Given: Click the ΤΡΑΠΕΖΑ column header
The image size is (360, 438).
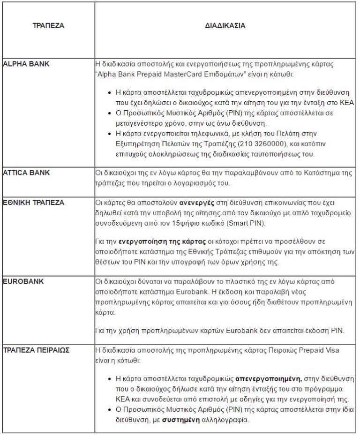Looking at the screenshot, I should (x=48, y=26).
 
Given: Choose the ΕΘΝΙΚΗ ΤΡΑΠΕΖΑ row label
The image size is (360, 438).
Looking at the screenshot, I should (x=33, y=203).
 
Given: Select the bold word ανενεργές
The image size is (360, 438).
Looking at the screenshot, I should (x=197, y=203).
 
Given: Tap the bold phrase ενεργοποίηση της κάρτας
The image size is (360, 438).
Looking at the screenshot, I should (x=163, y=242).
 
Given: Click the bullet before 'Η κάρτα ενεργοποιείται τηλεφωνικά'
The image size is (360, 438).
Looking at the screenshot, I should (x=109, y=134).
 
